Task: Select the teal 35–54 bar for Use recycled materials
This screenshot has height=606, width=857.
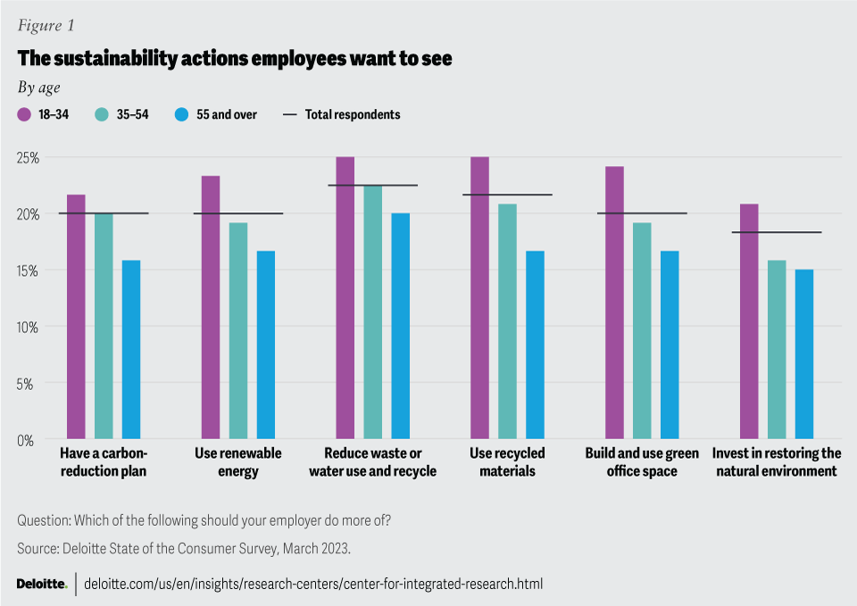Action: click(x=507, y=321)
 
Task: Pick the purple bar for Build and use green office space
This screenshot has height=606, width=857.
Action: click(x=614, y=303)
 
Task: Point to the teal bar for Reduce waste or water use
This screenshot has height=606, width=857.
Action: click(x=372, y=312)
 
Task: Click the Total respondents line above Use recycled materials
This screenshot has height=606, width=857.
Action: click(x=507, y=195)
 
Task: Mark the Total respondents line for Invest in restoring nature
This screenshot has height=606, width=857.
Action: click(x=777, y=232)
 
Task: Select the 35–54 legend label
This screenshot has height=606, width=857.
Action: click(x=131, y=114)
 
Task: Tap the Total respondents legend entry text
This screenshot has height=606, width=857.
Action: click(x=353, y=114)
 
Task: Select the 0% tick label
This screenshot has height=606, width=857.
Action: click(x=31, y=440)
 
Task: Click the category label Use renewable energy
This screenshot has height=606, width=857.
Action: click(x=238, y=462)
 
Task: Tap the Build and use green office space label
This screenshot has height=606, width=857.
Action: click(x=641, y=462)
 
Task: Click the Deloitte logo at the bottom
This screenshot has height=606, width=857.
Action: click(x=41, y=585)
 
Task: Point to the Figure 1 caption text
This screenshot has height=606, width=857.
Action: click(x=46, y=26)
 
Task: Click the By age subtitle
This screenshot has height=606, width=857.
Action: click(x=38, y=87)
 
